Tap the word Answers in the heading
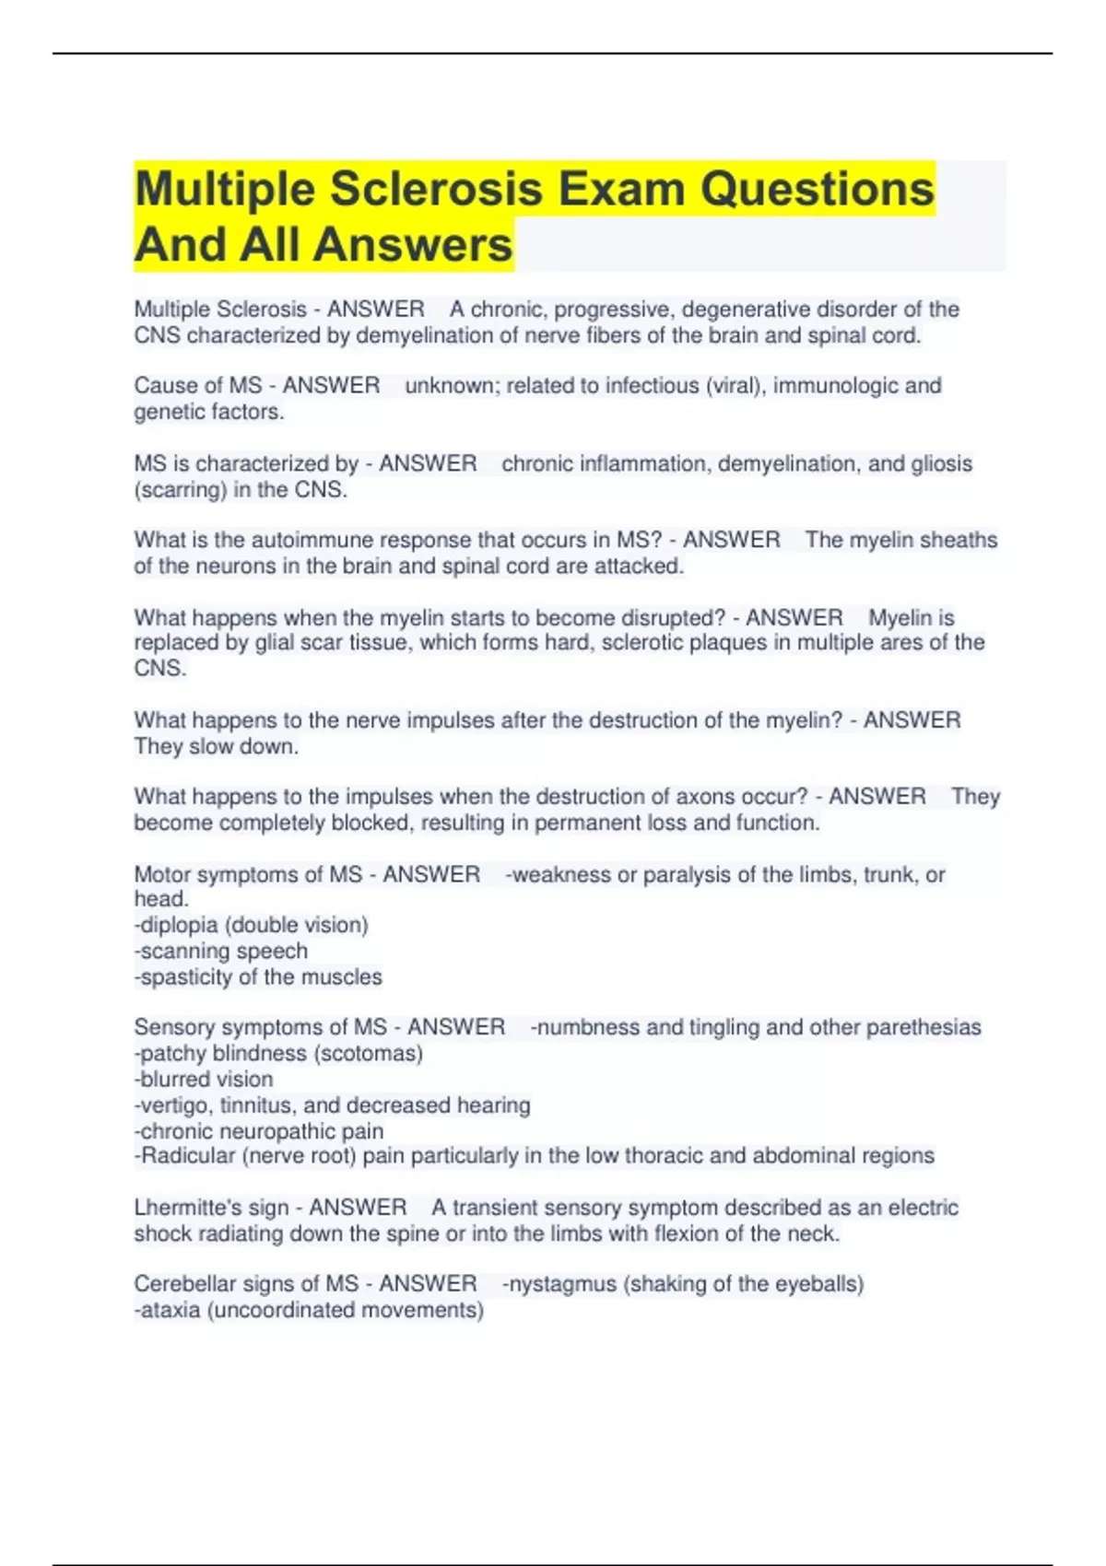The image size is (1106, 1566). [x=413, y=245]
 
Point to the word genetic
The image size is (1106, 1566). [x=169, y=412]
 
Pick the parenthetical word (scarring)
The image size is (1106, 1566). [x=180, y=490]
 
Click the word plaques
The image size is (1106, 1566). [x=729, y=643]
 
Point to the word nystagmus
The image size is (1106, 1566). [x=562, y=1284]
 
